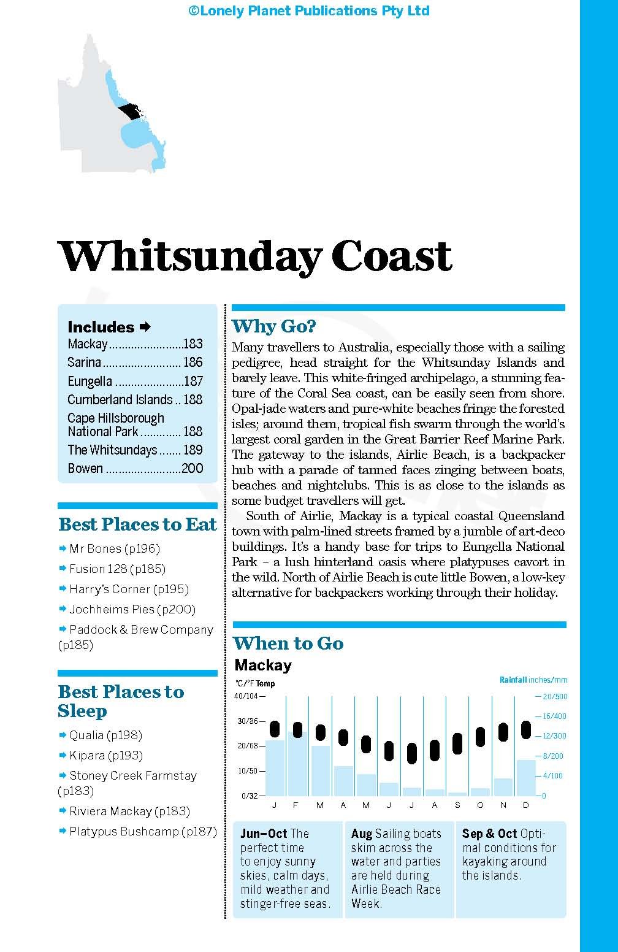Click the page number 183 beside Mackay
(193, 344)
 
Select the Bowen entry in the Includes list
(85, 469)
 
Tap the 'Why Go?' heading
(273, 326)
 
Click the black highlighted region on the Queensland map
(131, 112)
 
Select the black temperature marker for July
(412, 753)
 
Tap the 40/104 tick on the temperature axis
(246, 696)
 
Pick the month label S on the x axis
(457, 805)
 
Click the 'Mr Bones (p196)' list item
(114, 549)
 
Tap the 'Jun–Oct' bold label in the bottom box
(264, 834)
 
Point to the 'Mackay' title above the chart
(263, 666)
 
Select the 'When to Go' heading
(288, 643)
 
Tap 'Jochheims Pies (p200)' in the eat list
(132, 610)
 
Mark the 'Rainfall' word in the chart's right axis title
(513, 680)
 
